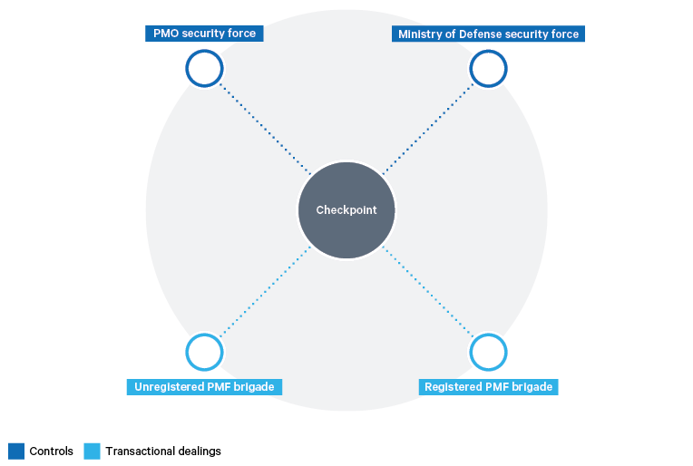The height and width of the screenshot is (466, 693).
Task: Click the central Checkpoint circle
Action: click(346, 210)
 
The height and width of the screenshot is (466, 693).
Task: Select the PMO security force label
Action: click(204, 34)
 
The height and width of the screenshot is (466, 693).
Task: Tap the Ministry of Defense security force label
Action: click(488, 34)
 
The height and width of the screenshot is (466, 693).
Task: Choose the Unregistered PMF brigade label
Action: click(204, 387)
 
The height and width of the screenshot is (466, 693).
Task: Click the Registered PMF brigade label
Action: click(488, 387)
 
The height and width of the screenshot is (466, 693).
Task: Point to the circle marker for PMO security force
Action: click(205, 68)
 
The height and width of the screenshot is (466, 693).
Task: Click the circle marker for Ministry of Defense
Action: click(488, 68)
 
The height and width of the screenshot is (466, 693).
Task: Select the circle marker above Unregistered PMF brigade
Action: click(205, 352)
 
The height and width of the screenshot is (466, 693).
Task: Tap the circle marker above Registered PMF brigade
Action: click(488, 352)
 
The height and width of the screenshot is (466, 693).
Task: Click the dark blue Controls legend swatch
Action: click(16, 451)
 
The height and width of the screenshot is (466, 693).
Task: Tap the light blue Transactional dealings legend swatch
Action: click(92, 451)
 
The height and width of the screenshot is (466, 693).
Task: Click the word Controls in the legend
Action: click(51, 451)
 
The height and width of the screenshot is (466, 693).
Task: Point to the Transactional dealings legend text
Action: click(163, 451)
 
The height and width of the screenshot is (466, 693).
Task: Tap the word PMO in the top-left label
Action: click(166, 34)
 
